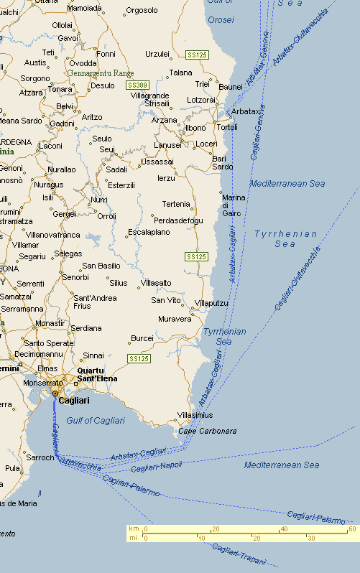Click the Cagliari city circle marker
click(55, 393)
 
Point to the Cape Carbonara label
click(207, 431)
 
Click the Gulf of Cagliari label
click(96, 420)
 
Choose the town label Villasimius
click(195, 415)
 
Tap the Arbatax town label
click(245, 111)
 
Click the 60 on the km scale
click(352, 529)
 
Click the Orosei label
click(221, 19)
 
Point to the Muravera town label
click(175, 318)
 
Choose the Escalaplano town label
click(149, 232)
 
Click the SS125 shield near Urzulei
click(196, 55)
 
